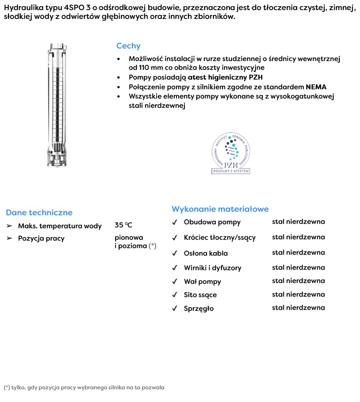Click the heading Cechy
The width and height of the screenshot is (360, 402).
128,46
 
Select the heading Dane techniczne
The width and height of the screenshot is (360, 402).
39,213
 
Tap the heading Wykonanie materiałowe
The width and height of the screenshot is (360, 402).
220,209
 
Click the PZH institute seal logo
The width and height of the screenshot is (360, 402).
231,154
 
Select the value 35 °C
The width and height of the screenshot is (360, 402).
123,225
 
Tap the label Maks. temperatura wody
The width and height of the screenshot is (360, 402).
60,226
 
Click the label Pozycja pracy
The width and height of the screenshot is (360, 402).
41,238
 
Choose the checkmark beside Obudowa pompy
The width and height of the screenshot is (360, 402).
175,222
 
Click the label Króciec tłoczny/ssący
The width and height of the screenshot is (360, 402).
220,237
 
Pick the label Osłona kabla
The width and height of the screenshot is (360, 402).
206,253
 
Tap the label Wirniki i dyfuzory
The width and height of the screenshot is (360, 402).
213,267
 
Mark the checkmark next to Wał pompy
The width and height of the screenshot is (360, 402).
175,282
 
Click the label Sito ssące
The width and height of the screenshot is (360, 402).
200,295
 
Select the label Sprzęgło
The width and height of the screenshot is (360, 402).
199,308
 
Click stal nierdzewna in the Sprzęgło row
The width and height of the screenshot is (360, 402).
298,308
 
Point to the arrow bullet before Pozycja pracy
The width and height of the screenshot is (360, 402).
9,238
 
